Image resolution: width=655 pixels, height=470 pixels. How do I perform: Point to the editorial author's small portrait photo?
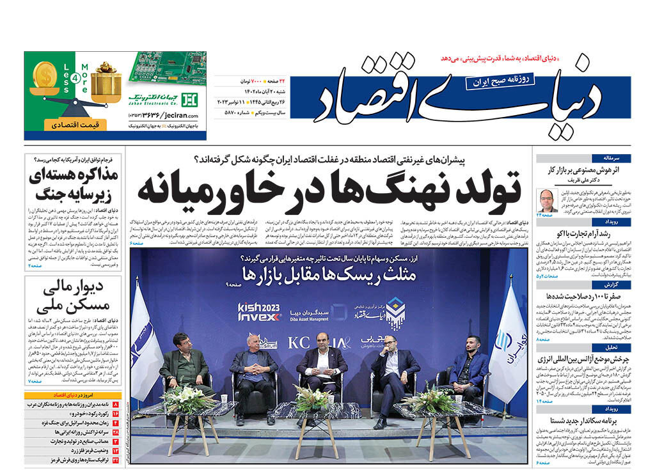[546, 200]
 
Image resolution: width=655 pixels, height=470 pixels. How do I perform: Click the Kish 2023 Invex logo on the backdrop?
[259, 311]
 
